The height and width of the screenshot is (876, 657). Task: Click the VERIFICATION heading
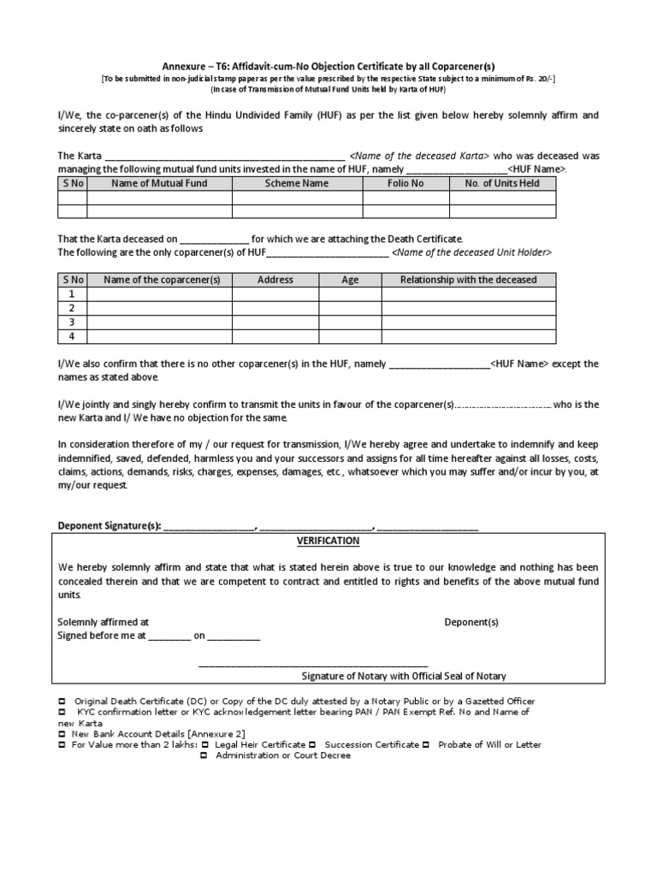tap(328, 542)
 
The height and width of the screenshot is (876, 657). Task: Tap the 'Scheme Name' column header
tap(296, 183)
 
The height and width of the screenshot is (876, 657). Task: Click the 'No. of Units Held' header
tap(502, 183)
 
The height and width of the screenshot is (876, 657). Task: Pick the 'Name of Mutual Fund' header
tap(159, 183)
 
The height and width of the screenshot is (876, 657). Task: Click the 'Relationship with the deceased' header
tap(468, 280)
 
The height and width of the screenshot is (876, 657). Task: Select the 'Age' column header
tap(350, 280)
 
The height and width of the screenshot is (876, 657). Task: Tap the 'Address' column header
tap(275, 280)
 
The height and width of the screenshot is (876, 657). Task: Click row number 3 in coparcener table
tap(72, 322)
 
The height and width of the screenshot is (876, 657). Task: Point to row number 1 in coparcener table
tap(72, 293)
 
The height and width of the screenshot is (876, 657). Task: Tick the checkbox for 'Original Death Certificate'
tap(62, 701)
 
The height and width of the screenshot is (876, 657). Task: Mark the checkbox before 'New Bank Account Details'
tap(62, 734)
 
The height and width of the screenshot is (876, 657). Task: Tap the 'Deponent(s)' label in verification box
tap(471, 622)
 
